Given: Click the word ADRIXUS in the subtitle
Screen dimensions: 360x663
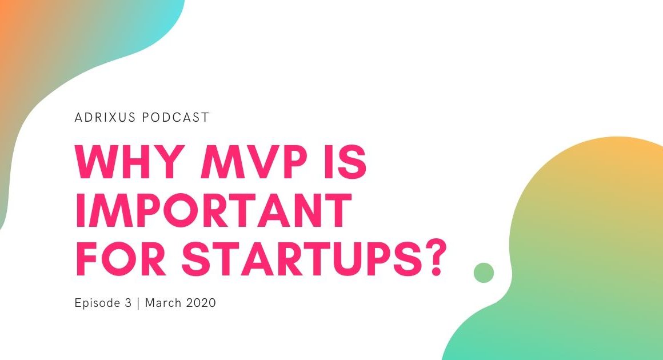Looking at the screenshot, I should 105,118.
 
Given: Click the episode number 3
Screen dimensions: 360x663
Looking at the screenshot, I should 127,303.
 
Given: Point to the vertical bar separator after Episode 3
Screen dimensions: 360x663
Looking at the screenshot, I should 138,303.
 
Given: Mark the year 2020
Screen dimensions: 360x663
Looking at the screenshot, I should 200,303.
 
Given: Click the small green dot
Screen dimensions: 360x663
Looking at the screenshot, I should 484,273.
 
